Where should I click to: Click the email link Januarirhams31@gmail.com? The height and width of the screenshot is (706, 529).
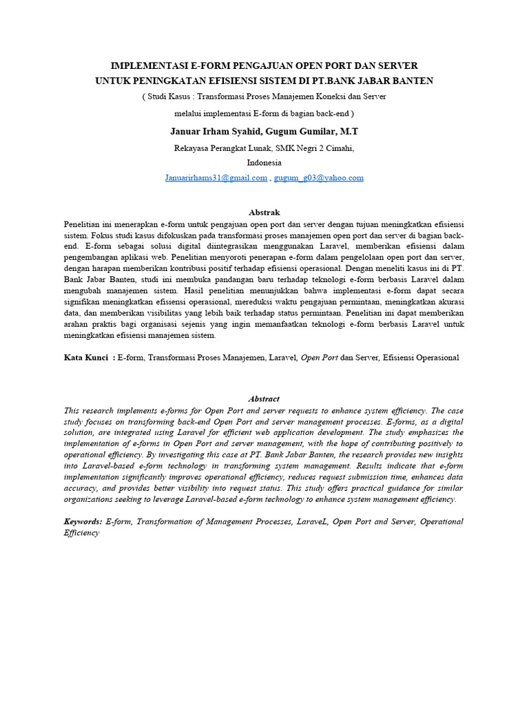pos(216,178)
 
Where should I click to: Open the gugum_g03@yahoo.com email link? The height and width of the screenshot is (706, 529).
pos(319,178)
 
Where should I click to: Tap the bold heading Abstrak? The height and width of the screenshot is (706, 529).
pos(264,212)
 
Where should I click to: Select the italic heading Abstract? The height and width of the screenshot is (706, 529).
pos(264,399)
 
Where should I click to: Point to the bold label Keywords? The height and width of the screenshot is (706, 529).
pos(83,522)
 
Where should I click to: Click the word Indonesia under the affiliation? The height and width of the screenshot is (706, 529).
pos(264,163)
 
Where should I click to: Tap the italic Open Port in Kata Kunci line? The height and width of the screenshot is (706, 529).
pos(320,358)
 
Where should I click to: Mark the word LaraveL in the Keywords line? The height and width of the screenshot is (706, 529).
pos(310,522)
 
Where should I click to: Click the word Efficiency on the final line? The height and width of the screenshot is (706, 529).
pos(81,533)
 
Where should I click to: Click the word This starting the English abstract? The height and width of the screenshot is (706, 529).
pos(71,410)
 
